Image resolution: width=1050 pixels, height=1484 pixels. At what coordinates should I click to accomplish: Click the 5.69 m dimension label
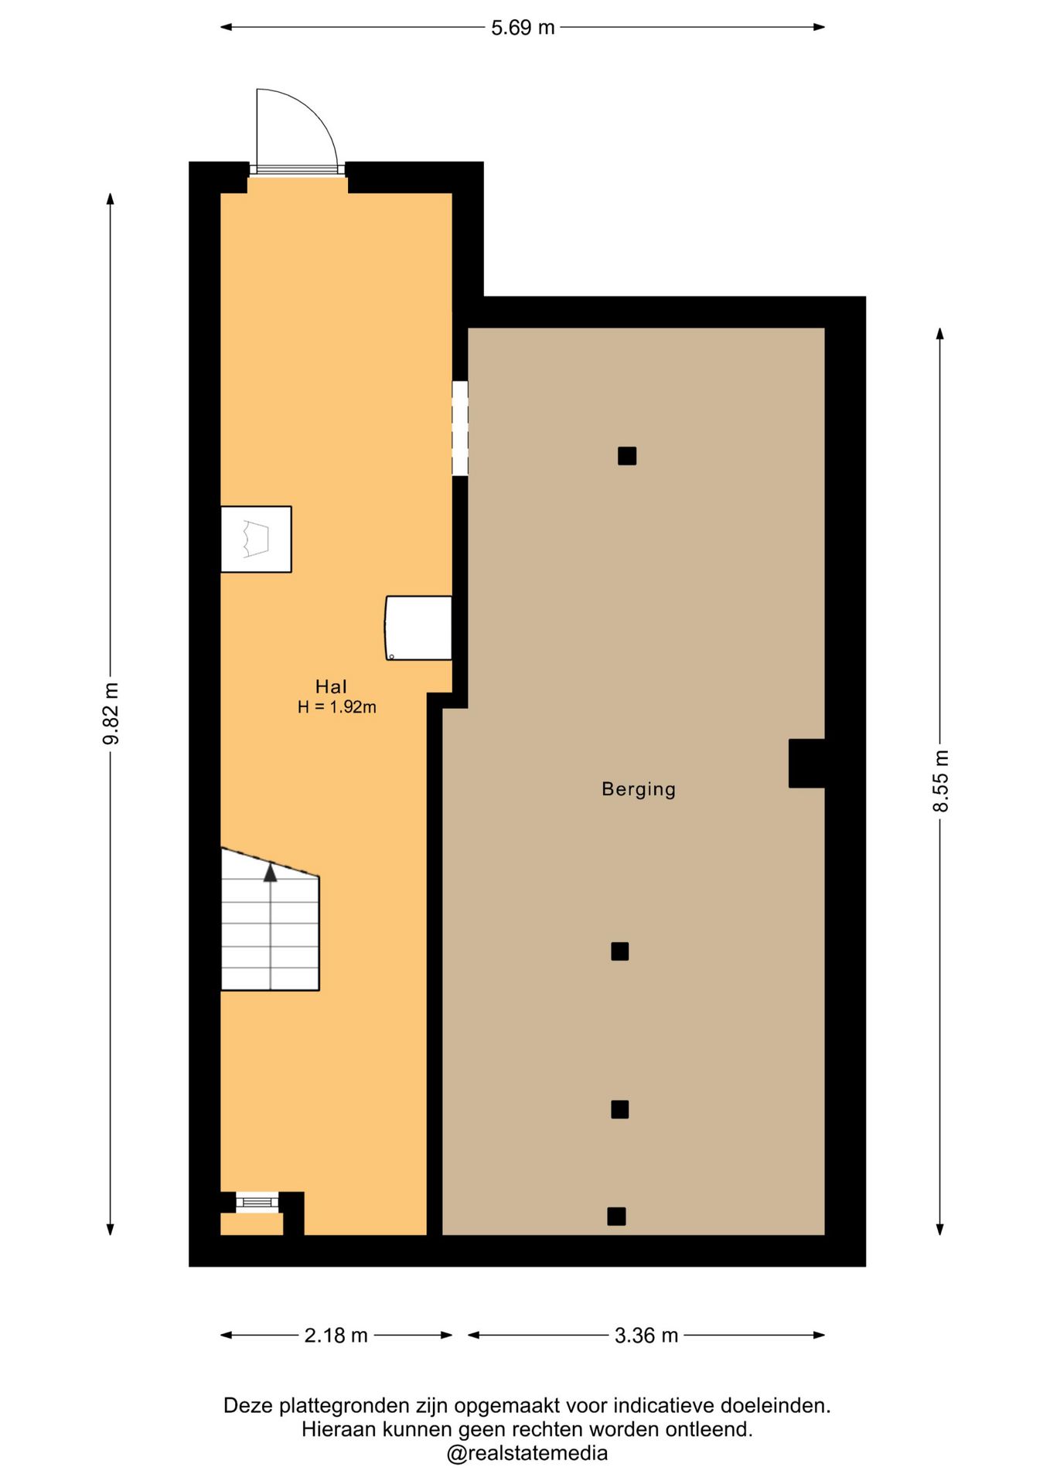click(x=523, y=27)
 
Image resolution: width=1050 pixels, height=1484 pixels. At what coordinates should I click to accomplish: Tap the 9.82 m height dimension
click(x=111, y=713)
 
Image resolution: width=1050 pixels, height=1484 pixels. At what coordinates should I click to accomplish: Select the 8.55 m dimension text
click(x=940, y=781)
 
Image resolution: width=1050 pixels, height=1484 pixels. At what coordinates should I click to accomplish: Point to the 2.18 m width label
click(x=336, y=1335)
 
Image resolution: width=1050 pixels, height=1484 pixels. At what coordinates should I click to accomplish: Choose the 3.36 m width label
click(x=646, y=1335)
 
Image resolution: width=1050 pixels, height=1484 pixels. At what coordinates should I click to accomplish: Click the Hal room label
click(x=331, y=686)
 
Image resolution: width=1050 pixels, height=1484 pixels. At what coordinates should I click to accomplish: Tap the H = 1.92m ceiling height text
click(x=337, y=706)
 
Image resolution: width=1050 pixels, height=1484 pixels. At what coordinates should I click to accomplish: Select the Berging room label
click(x=639, y=789)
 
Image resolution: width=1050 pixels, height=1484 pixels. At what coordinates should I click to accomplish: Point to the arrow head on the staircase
click(x=270, y=873)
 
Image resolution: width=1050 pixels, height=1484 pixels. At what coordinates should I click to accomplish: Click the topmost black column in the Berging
click(x=627, y=456)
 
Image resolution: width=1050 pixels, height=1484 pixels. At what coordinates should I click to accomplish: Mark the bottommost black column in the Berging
click(x=616, y=1216)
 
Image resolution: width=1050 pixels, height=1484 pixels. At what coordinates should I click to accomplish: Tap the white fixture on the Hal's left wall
click(x=256, y=539)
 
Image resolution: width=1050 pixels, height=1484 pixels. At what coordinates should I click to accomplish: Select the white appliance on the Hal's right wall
click(x=418, y=628)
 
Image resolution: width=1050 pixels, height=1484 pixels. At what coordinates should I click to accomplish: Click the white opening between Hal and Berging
click(x=460, y=428)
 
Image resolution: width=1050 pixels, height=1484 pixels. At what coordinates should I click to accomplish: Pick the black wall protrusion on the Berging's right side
click(x=806, y=764)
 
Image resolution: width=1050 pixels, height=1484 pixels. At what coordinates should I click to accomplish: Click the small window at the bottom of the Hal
click(x=257, y=1202)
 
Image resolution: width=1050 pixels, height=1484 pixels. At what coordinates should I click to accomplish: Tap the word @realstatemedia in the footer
click(x=527, y=1453)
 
